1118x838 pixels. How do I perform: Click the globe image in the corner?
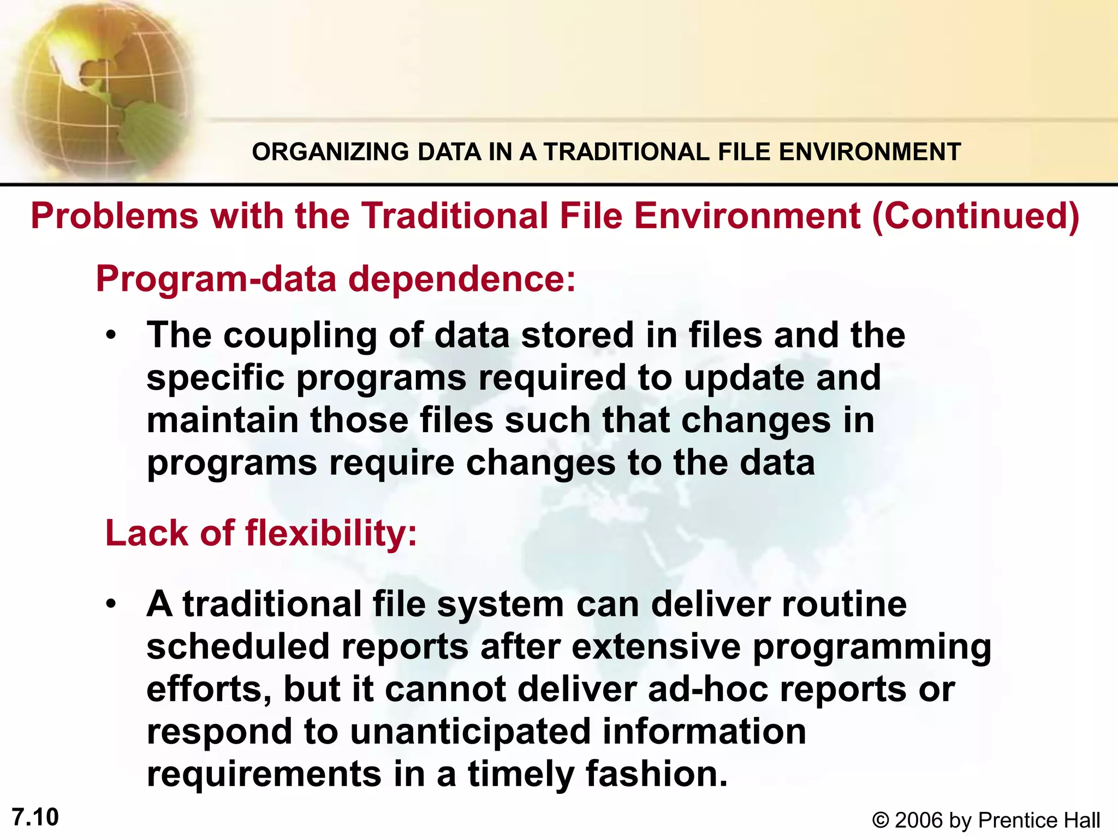(x=98, y=87)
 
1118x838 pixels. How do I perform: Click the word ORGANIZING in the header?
(x=330, y=152)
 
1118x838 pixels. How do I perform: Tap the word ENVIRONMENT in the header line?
(x=870, y=152)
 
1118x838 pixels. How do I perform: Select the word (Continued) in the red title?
(x=976, y=216)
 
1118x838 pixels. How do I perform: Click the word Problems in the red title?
(x=114, y=216)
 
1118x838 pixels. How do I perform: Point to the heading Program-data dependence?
(x=336, y=279)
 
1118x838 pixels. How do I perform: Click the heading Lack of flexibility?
(x=261, y=533)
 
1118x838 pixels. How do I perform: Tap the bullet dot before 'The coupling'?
(x=112, y=334)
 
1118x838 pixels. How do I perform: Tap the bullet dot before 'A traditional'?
(x=112, y=604)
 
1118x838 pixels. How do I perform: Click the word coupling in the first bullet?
(x=300, y=336)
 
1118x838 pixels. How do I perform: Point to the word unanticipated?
(x=471, y=732)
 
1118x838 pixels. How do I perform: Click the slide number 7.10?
(x=35, y=817)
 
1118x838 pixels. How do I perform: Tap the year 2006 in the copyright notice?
(x=919, y=821)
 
